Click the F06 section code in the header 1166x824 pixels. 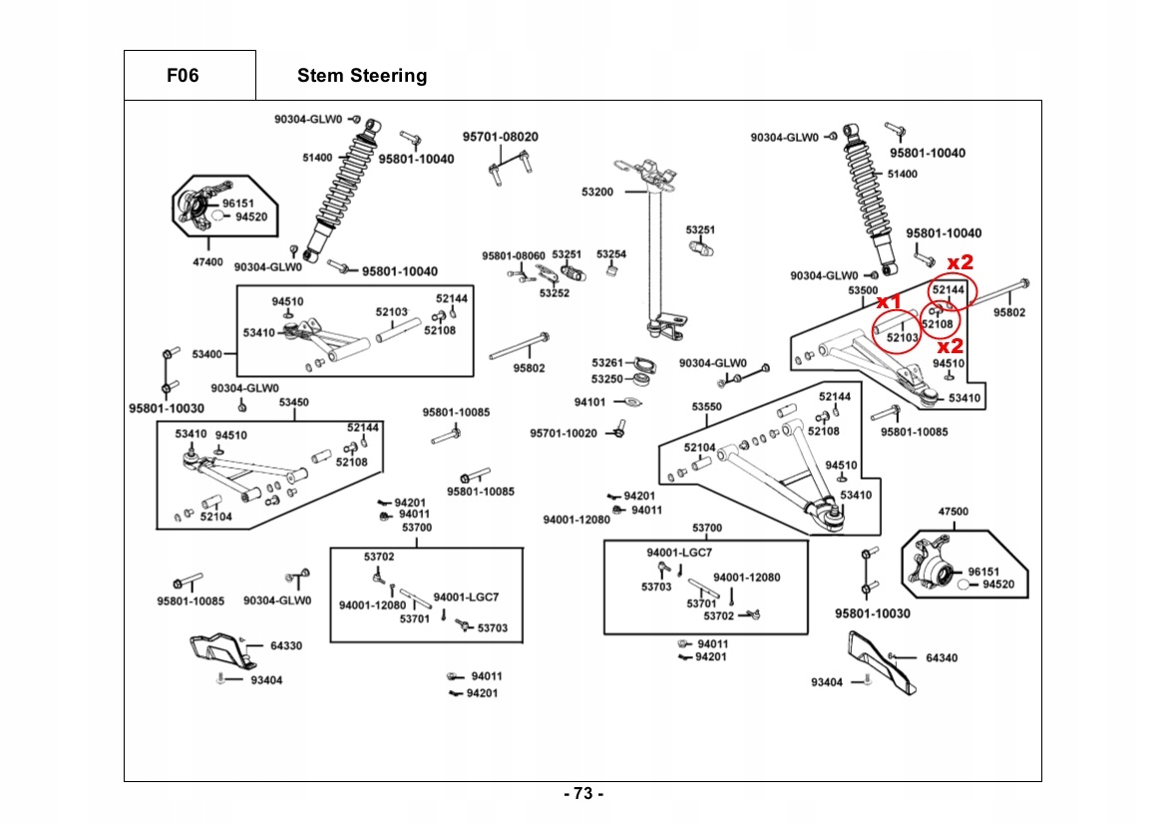[183, 76]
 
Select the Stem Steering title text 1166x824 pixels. [362, 76]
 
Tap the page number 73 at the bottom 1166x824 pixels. [583, 794]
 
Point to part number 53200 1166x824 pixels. [597, 192]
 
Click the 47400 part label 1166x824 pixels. [207, 262]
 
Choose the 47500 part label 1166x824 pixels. [953, 511]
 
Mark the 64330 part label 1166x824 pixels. [286, 645]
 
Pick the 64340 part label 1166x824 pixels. [942, 657]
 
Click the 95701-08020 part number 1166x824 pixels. [500, 136]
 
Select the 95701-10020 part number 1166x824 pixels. [564, 433]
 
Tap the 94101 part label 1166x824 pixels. [589, 402]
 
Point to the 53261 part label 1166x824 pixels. [606, 363]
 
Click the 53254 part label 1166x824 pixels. [611, 254]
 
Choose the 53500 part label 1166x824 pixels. [863, 290]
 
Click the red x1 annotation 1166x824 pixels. [889, 301]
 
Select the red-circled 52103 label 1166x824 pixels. [903, 338]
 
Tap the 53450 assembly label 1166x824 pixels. [293, 402]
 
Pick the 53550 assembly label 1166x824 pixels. [706, 407]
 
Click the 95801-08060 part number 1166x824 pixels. [514, 255]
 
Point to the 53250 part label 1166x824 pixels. [606, 379]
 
